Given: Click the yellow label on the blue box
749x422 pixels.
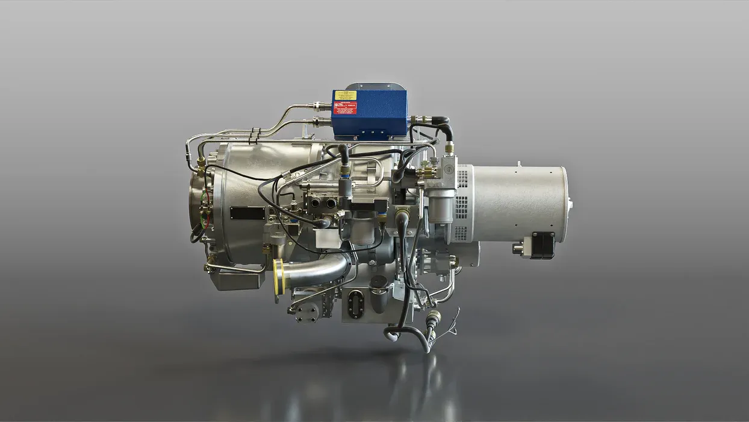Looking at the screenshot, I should (x=346, y=95).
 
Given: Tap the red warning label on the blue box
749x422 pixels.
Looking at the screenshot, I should (x=345, y=108).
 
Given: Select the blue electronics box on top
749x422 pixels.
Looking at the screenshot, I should (x=369, y=115).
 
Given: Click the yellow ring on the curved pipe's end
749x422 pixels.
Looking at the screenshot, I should (x=278, y=277).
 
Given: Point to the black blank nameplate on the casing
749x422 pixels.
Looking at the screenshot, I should (x=247, y=213).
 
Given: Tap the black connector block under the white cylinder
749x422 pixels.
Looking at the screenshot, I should (x=542, y=245).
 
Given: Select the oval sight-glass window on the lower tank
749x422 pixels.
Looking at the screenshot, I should (x=355, y=303).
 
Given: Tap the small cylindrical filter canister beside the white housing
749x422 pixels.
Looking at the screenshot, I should (x=441, y=207).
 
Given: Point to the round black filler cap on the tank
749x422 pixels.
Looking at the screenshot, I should (x=379, y=282).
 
